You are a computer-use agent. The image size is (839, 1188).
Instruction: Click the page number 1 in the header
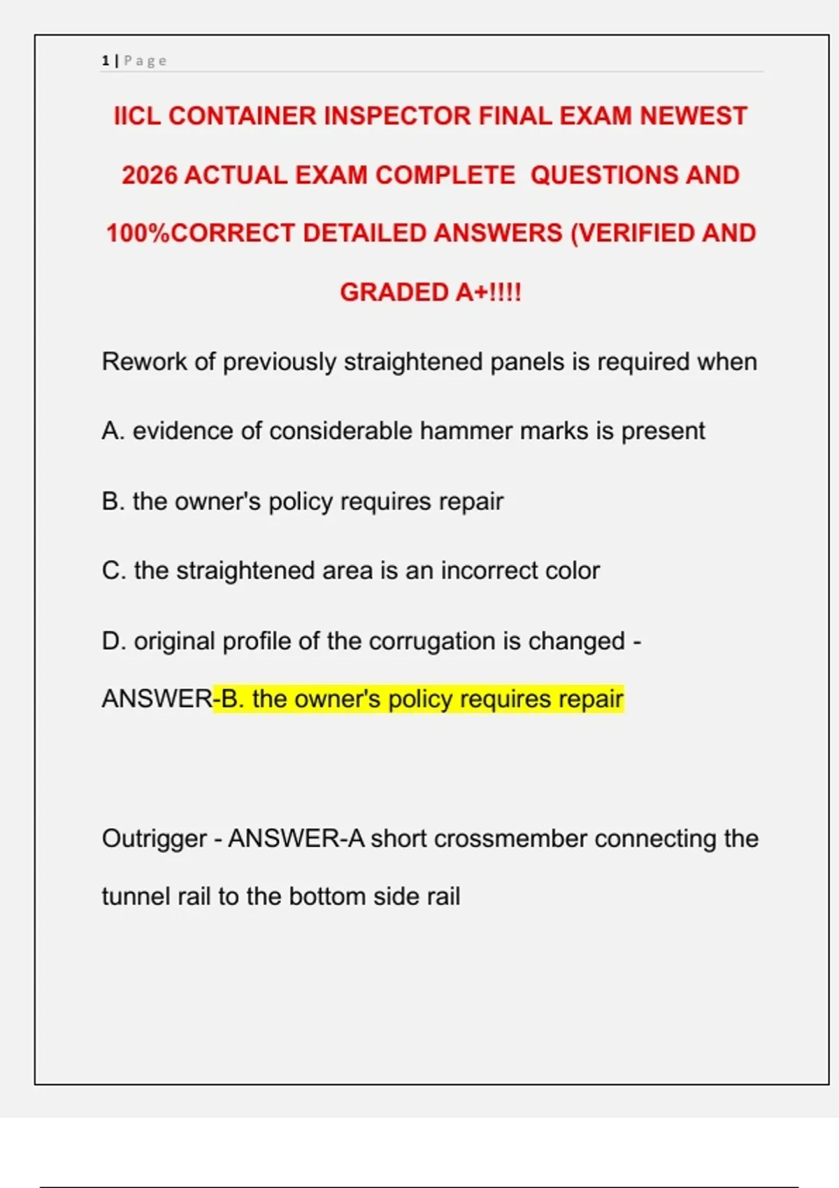coord(106,61)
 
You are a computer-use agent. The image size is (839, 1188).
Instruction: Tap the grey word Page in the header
coord(145,61)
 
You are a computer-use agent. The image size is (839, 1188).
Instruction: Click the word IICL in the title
coord(137,116)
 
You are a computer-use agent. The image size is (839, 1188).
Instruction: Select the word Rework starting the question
coord(144,362)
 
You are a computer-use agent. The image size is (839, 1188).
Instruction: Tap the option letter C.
coord(113,571)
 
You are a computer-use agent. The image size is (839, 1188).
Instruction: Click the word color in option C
coord(573,571)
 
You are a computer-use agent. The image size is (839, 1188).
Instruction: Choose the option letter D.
coord(113,641)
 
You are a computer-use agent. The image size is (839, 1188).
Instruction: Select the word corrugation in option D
coord(431,641)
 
